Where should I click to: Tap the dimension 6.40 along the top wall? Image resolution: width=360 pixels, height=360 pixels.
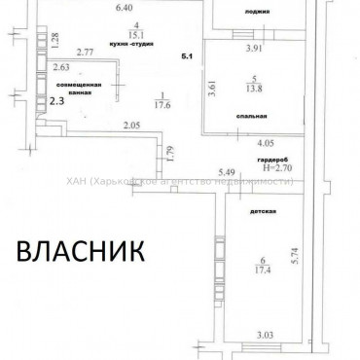tap(124, 9)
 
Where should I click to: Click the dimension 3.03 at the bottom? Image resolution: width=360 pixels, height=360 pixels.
tap(265, 337)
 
